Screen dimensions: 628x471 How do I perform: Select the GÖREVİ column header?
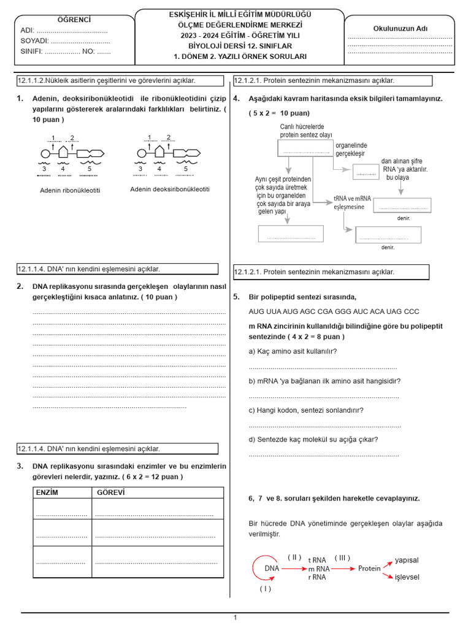tap(110, 492)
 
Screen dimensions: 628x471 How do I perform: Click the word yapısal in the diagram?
tap(407, 560)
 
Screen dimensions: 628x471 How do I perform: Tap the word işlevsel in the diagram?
tap(407, 578)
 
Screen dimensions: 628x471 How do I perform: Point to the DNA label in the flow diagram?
tap(272, 569)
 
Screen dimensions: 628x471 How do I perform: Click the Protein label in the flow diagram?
tap(369, 569)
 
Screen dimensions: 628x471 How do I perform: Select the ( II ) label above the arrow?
tap(295, 557)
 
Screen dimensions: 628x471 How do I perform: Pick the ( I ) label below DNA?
tap(265, 589)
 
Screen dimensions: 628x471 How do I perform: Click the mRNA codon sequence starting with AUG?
tap(334, 311)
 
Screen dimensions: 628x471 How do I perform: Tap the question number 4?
tap(236, 98)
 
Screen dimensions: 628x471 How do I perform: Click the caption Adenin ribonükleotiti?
tap(70, 190)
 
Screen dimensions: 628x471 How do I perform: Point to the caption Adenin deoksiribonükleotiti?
tap(170, 190)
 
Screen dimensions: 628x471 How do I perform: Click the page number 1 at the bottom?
tap(235, 618)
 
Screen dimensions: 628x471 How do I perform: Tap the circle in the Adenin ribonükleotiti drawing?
tap(45, 153)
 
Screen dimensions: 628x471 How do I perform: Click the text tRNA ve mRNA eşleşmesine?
tap(349, 202)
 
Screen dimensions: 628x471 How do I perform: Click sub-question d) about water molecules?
tap(313, 439)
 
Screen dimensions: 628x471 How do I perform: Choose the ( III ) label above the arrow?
tap(342, 557)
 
